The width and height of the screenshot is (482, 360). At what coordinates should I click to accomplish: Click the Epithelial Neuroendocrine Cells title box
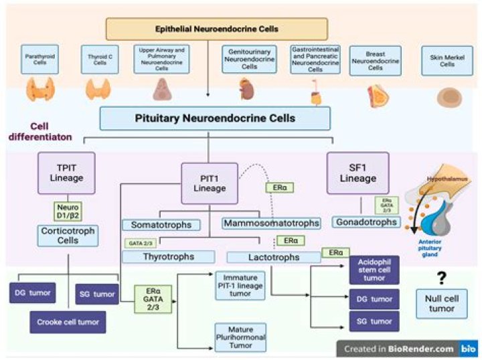(x=217, y=29)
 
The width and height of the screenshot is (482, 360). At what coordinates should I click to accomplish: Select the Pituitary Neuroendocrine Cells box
(x=216, y=118)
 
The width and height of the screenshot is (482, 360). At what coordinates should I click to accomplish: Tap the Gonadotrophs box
(x=366, y=221)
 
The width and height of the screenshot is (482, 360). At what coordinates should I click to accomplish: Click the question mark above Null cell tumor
(x=441, y=279)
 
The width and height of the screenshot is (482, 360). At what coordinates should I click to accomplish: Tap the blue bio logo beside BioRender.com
(x=466, y=349)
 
